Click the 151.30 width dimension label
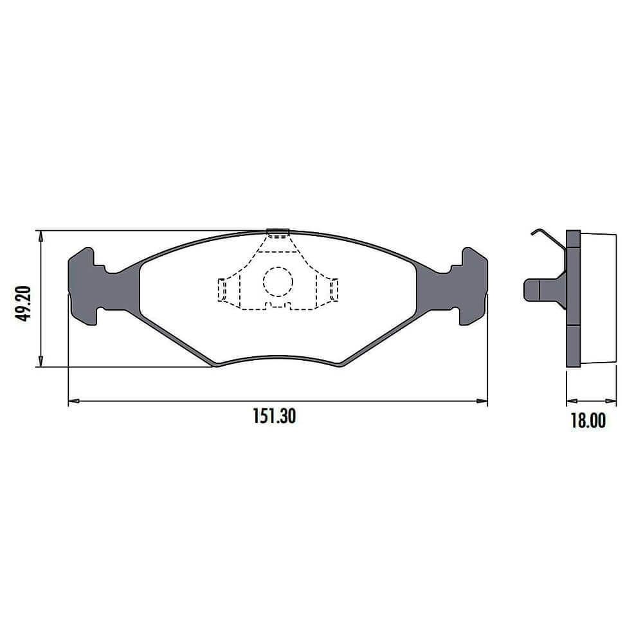[x=274, y=416]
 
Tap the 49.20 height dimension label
[x=23, y=303]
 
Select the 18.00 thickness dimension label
[x=588, y=421]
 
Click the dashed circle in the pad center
[x=278, y=282]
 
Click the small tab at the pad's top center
[x=278, y=233]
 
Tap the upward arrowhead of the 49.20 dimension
[x=40, y=236]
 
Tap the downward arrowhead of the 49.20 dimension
[x=40, y=361]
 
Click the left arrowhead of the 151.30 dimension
[x=74, y=401]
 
